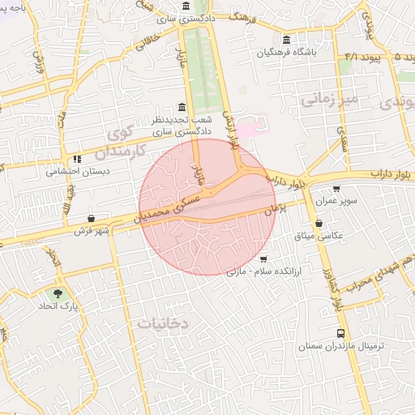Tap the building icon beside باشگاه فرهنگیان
[286, 40]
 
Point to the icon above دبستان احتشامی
[77, 160]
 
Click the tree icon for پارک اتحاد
[58, 293]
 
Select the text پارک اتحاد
[58, 308]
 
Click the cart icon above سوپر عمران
[336, 188]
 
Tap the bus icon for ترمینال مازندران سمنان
[340, 333]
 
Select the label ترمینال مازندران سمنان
[340, 346]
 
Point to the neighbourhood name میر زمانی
[328, 100]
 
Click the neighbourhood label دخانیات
[162, 323]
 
